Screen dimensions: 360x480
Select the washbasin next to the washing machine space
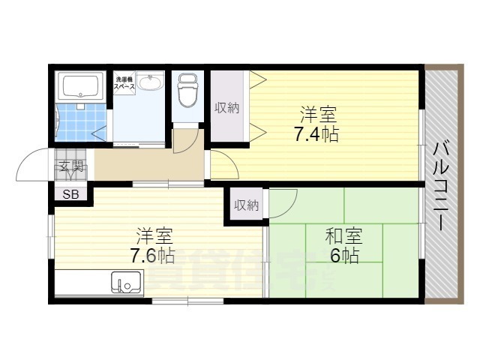pyautogui.click(x=153, y=82)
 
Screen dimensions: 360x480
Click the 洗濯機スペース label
pyautogui.click(x=124, y=82)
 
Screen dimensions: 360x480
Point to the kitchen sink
pyautogui.click(x=126, y=283)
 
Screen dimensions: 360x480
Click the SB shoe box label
pyautogui.click(x=70, y=195)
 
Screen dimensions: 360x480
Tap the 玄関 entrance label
pyautogui.click(x=71, y=166)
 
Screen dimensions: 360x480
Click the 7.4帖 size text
pyautogui.click(x=316, y=135)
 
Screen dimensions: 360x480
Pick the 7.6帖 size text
pyautogui.click(x=153, y=256)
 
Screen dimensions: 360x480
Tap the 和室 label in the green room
pyautogui.click(x=343, y=237)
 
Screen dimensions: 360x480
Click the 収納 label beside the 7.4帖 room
pyautogui.click(x=226, y=108)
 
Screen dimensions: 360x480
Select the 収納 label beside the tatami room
pyautogui.click(x=246, y=205)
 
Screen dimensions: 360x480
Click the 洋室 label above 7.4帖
pyautogui.click(x=318, y=115)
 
